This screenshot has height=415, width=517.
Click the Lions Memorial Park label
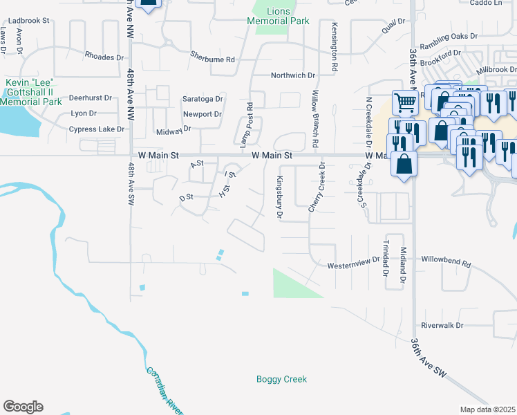[x=279, y=16]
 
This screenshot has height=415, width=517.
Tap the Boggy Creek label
[x=281, y=379]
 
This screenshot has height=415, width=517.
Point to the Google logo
[x=23, y=407]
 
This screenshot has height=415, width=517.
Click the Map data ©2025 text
[x=487, y=409]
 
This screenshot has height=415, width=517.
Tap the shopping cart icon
[x=405, y=104]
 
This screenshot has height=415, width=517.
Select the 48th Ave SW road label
[x=131, y=183]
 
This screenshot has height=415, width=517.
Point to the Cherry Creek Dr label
[x=321, y=187]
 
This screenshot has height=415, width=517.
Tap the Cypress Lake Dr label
[x=96, y=129]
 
